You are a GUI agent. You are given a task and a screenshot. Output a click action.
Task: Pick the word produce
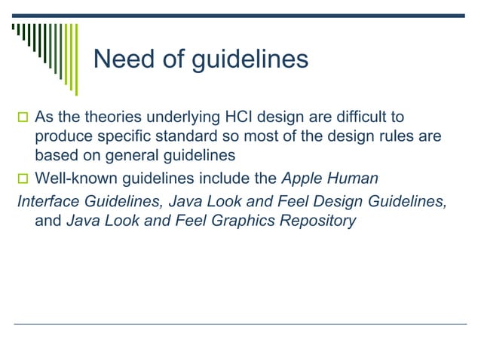(63, 137)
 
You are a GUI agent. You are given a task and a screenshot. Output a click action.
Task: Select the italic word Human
(352, 178)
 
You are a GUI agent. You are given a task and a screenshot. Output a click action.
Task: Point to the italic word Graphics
(247, 221)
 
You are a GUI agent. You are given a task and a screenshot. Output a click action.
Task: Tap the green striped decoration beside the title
(46, 49)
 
